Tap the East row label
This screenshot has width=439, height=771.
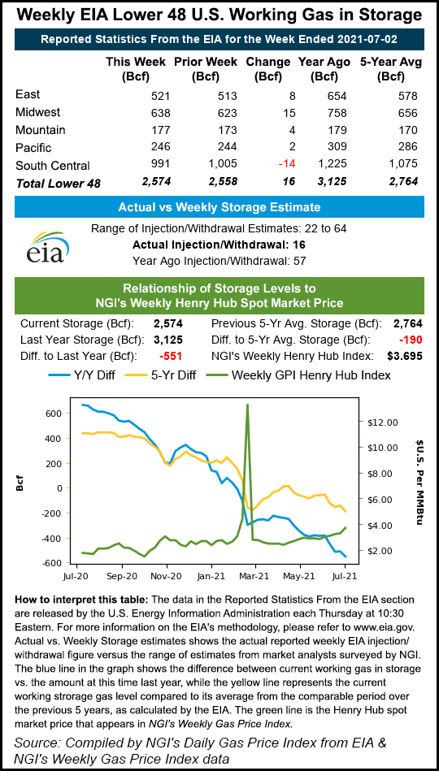click(x=28, y=94)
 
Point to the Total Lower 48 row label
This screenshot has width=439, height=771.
click(x=59, y=183)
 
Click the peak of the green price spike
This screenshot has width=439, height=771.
click(x=247, y=404)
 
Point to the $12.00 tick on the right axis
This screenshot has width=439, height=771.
click(x=383, y=422)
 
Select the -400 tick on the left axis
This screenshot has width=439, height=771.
click(x=52, y=539)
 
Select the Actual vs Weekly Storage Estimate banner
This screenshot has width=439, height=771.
click(x=219, y=206)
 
